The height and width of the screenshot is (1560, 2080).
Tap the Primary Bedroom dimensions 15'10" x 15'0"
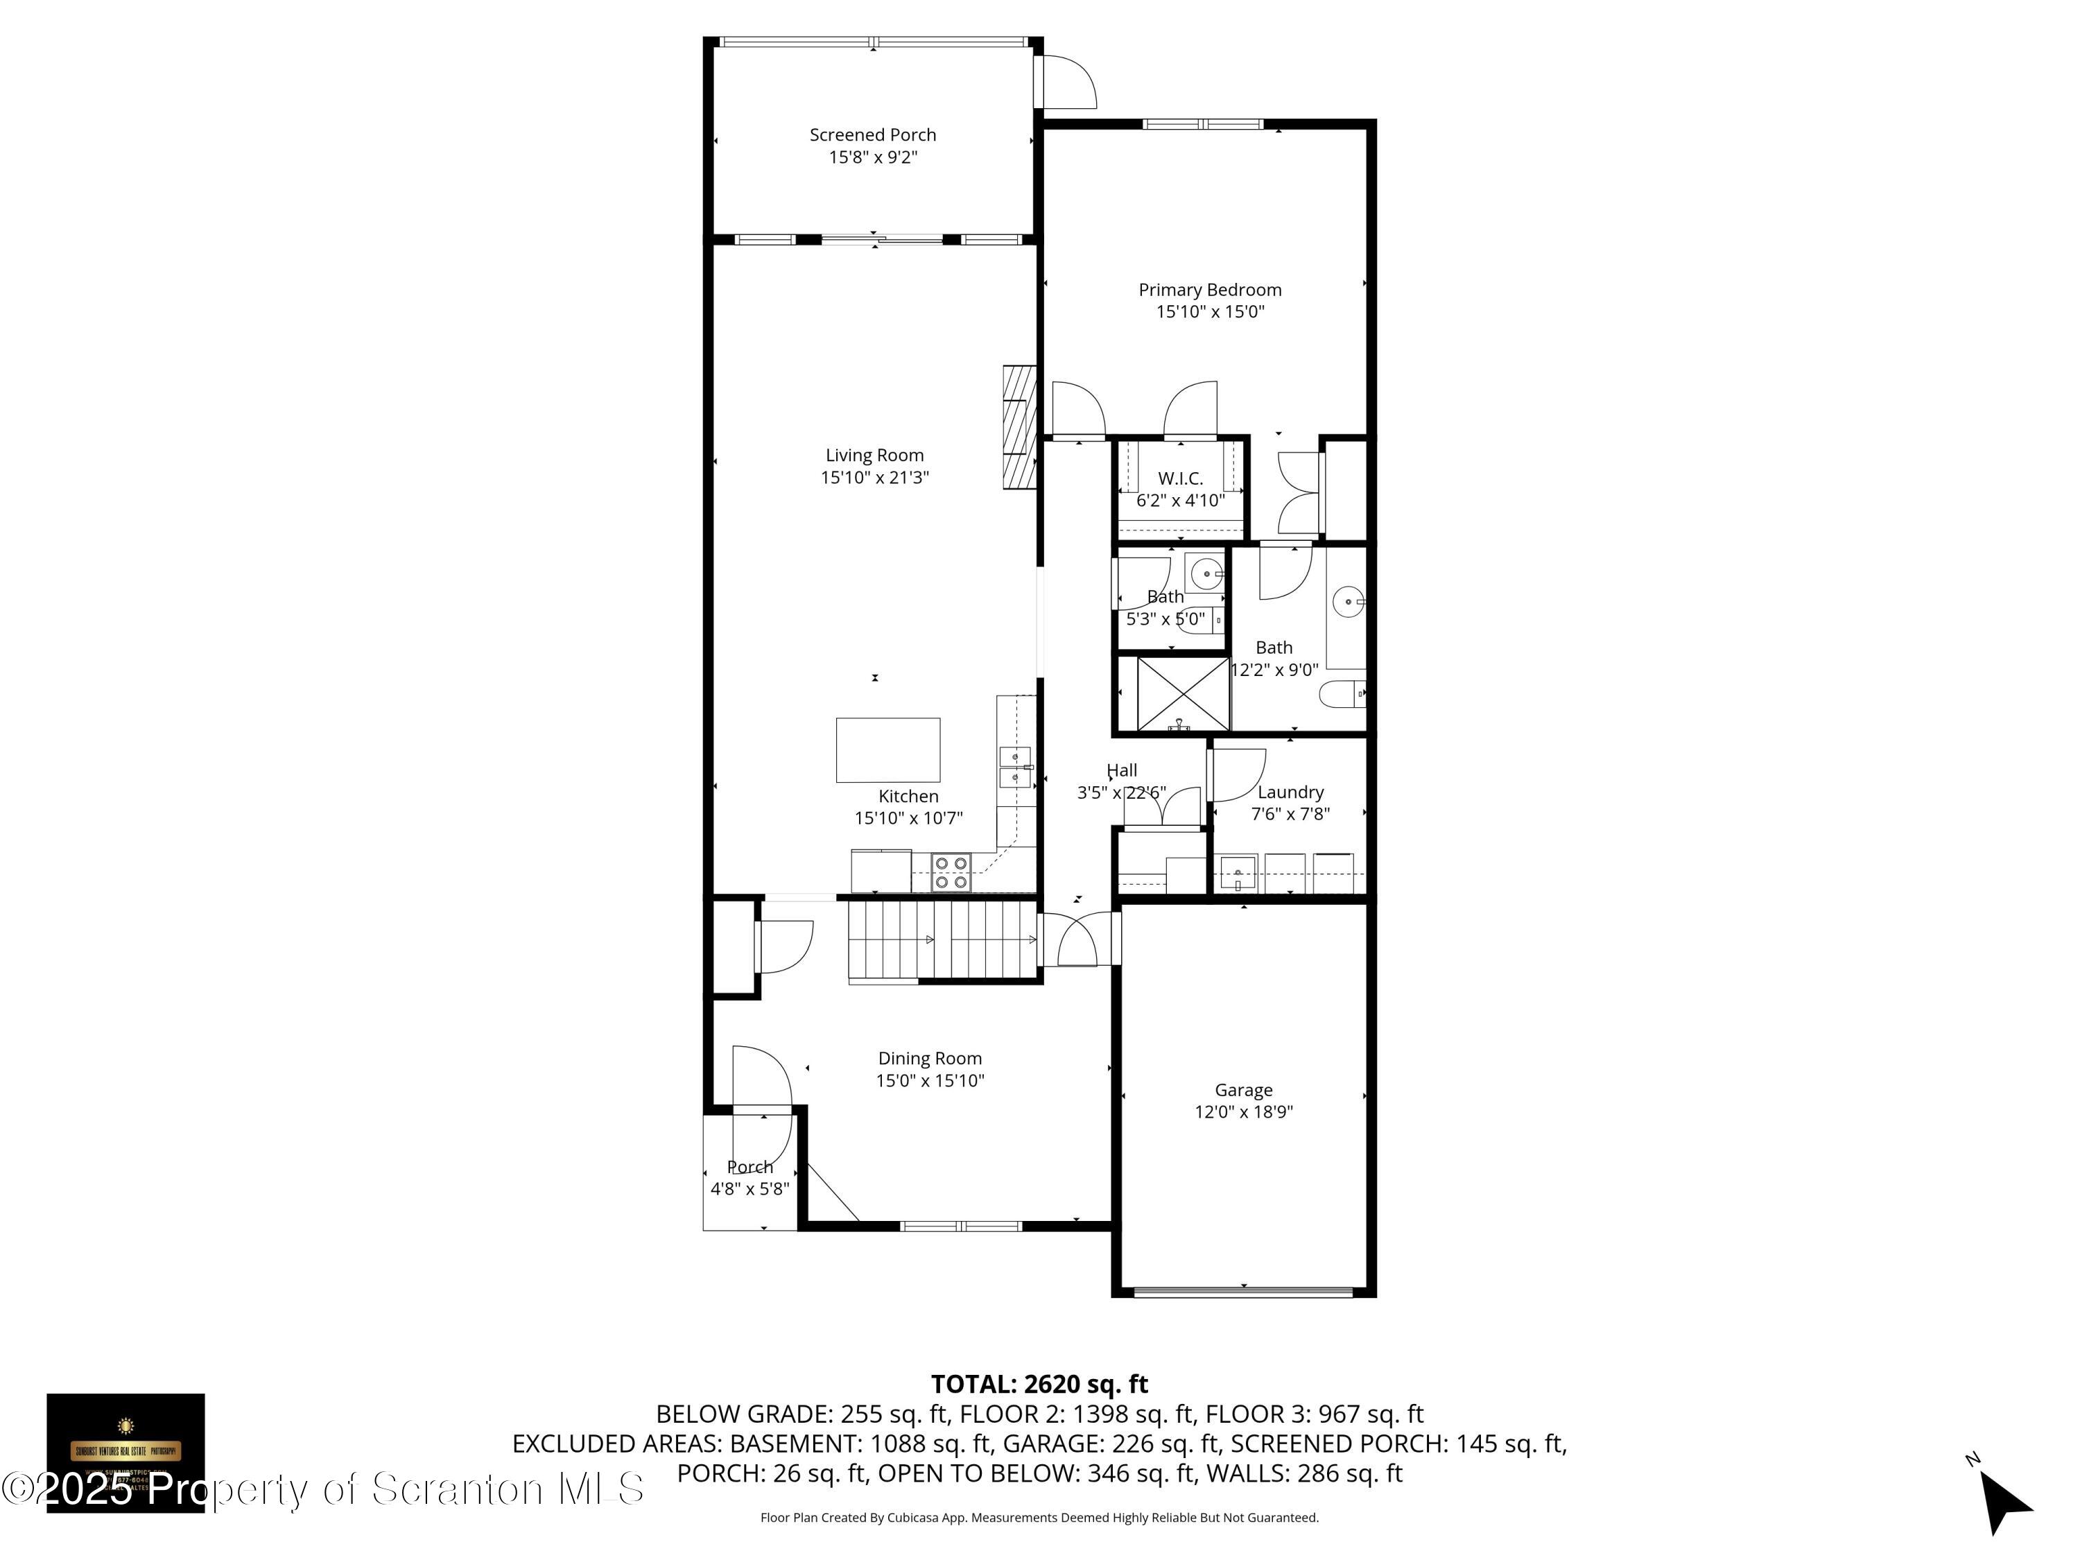tap(1209, 311)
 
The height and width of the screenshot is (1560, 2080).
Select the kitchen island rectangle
tap(887, 749)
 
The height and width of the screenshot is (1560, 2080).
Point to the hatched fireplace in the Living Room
tap(1019, 427)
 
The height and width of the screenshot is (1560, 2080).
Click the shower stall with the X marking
tap(1182, 694)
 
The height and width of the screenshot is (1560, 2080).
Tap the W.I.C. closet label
tap(1179, 478)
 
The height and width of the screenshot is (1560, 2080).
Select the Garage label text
tap(1242, 1090)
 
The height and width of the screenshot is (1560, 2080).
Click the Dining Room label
tap(929, 1058)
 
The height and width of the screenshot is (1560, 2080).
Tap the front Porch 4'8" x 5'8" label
tap(749, 1177)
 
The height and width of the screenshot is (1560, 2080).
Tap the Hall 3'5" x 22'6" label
tap(1121, 781)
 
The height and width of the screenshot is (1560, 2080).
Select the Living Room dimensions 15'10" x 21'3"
tap(874, 478)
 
